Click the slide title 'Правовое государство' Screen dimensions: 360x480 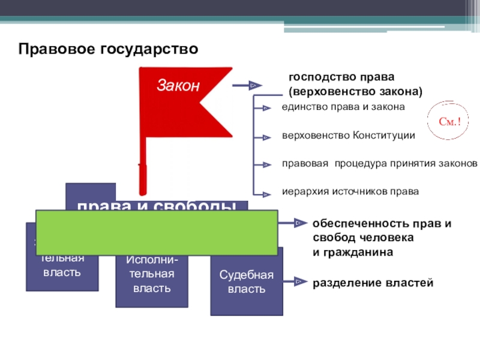107,49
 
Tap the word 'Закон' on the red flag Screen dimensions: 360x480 178,86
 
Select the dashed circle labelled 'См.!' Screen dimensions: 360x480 449,122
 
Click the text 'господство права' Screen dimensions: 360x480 341,77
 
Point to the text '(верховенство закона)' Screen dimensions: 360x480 356,92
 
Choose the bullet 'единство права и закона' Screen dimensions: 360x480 343,107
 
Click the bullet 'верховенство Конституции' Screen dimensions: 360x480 348,136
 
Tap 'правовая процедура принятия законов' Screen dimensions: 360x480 380,164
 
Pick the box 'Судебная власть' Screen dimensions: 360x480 246,282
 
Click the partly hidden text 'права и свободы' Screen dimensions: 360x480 156,205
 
